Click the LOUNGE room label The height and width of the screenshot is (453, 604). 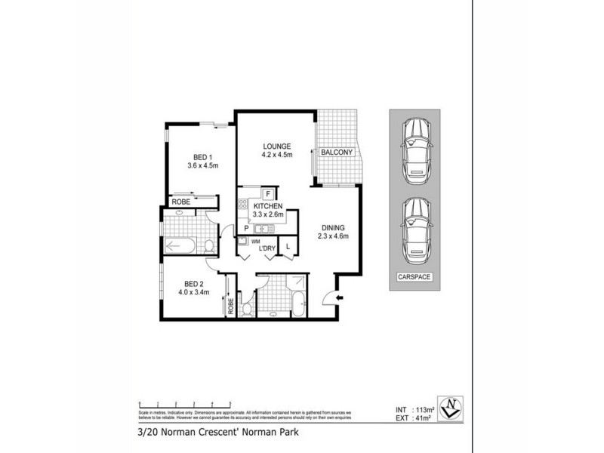tap(277, 146)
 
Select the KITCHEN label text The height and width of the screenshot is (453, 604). tap(268, 205)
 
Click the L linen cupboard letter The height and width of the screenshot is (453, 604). tap(288, 246)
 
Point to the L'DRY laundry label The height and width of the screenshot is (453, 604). tap(266, 248)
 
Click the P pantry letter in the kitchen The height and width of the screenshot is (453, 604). tap(246, 228)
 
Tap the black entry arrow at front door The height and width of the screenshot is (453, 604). tap(339, 298)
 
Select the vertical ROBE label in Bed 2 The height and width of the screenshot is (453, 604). tap(230, 307)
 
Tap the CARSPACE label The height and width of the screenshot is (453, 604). tap(414, 277)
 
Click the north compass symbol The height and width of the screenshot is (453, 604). tap(451, 407)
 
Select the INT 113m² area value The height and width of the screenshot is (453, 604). tap(416, 409)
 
